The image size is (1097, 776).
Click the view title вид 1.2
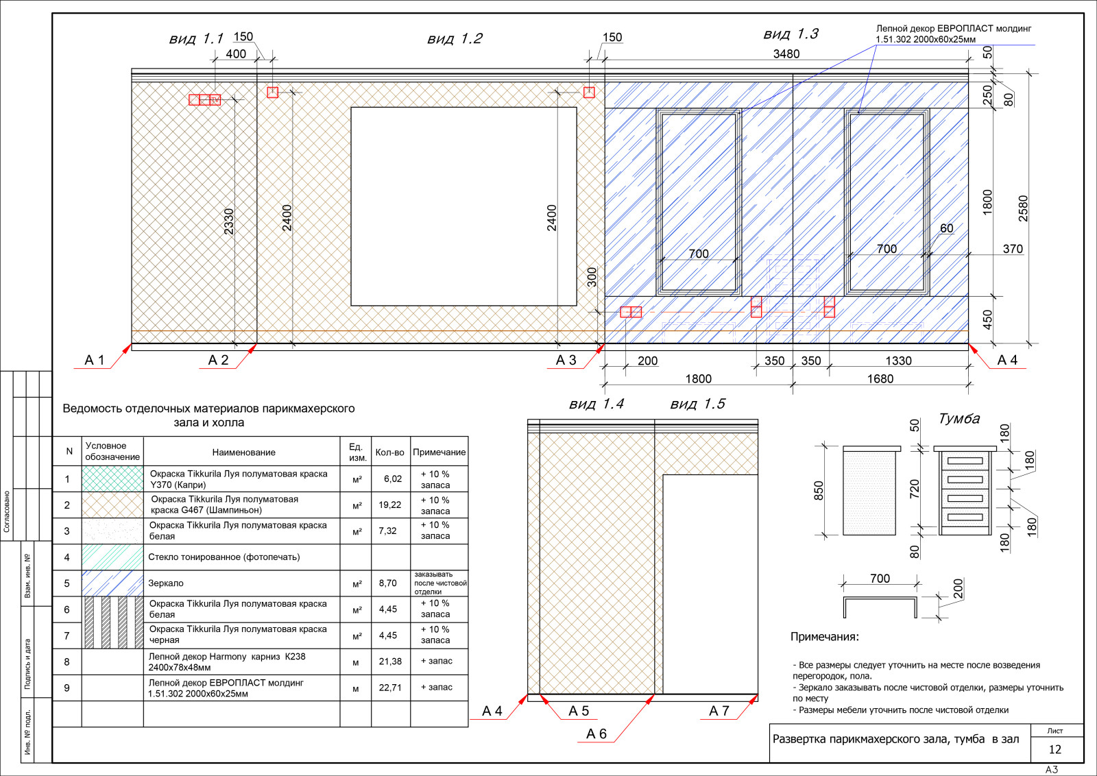point(455,38)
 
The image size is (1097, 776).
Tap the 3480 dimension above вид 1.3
point(786,53)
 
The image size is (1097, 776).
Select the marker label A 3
point(566,360)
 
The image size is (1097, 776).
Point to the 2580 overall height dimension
point(1023,208)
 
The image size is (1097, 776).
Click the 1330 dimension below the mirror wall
point(898,361)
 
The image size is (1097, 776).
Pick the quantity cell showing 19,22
point(390,505)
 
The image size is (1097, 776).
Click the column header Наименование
point(243,452)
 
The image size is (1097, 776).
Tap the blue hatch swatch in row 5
point(112,583)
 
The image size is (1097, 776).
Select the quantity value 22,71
point(390,688)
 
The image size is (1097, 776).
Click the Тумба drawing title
point(959,419)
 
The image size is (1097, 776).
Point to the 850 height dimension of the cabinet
point(819,491)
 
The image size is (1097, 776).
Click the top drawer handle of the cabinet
point(965,461)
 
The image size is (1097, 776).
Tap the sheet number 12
point(1055,749)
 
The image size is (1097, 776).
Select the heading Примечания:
point(825,636)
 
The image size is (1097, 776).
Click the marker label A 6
point(596,733)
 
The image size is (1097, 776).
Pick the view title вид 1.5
point(697,404)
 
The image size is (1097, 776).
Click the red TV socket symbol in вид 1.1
point(215,100)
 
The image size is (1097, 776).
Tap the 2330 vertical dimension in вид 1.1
point(229,221)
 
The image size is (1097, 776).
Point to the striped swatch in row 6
point(112,622)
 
